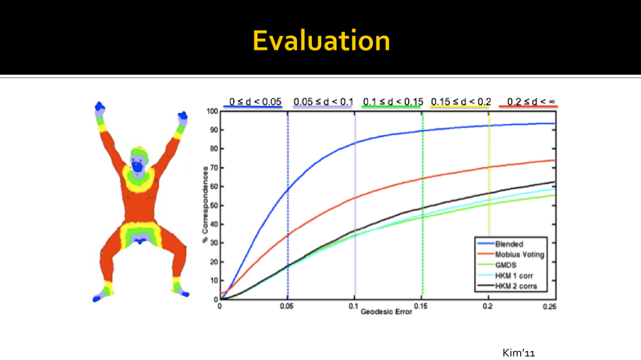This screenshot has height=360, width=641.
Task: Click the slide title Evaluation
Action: tap(321, 41)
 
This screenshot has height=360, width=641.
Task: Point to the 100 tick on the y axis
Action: tap(212, 111)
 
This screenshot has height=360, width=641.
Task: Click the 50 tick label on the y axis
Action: tap(214, 205)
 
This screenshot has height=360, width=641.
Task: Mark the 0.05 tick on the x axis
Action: tap(287, 306)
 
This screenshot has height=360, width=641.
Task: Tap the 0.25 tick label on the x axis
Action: tap(549, 307)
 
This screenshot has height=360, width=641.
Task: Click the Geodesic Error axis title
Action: tap(386, 311)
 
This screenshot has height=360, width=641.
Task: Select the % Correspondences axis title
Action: tap(205, 205)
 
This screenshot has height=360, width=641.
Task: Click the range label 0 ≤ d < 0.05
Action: tap(255, 102)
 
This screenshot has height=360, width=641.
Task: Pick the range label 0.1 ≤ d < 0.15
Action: tap(393, 102)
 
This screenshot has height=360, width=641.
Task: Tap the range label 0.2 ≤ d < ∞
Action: tap(531, 102)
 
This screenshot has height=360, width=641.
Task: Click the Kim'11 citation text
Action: tap(518, 353)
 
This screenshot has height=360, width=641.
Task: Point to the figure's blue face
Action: tap(137, 167)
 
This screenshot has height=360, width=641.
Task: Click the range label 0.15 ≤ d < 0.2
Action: tap(461, 102)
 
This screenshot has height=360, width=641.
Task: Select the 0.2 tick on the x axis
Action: tap(488, 306)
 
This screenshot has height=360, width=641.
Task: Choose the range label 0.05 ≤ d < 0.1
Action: tap(324, 102)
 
